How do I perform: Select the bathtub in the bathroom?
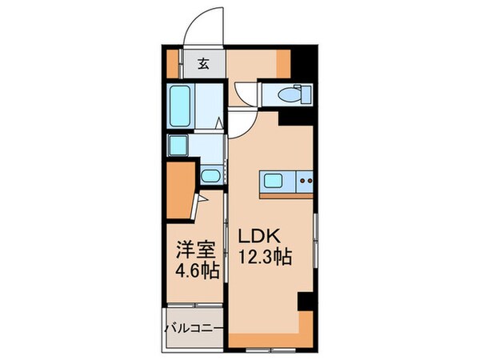(181, 105)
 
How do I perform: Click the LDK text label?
(257, 237)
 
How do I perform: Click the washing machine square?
(178, 145)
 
